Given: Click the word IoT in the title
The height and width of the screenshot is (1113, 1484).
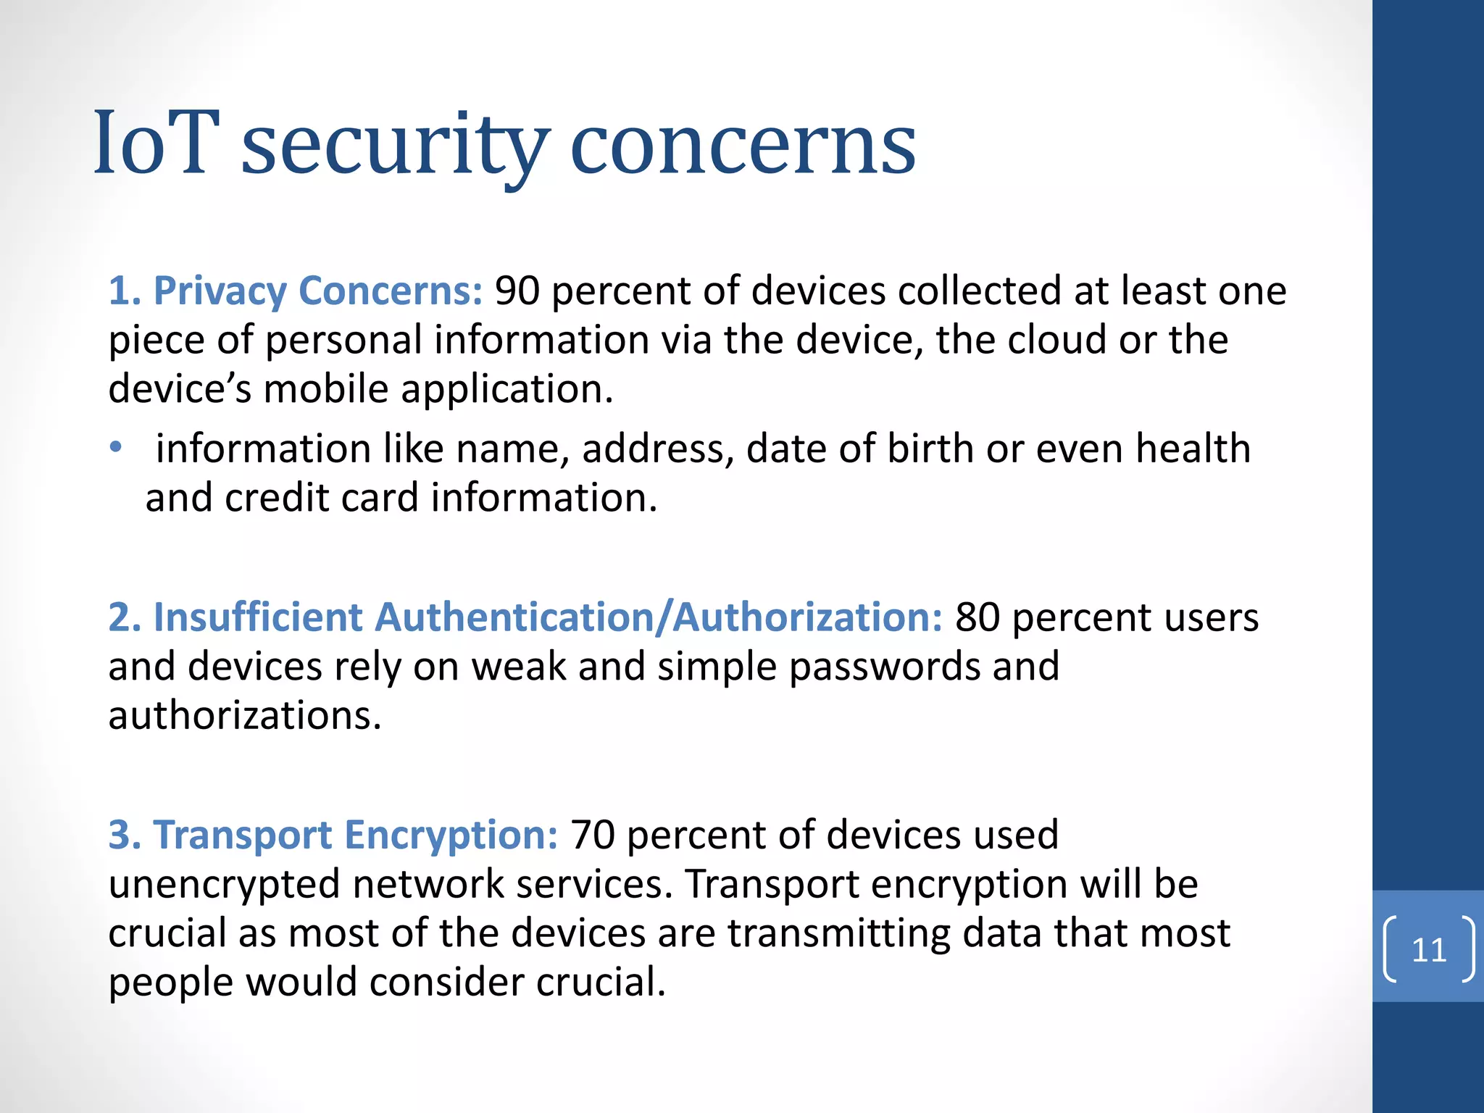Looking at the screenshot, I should coord(155,143).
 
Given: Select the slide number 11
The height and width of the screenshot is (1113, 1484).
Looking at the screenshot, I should coord(1429,950).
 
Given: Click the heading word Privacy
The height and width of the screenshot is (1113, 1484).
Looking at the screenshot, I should coord(220,291).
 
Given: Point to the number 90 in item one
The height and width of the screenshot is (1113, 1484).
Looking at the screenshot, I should coord(517,291).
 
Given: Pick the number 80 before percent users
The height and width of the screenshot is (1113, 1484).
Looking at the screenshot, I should coord(977,617).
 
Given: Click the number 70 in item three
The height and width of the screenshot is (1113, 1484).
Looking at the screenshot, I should coord(593,835).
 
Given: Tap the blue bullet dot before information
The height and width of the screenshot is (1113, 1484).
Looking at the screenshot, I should coord(116,447).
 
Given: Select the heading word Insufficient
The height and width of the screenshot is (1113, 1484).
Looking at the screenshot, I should coord(257,617).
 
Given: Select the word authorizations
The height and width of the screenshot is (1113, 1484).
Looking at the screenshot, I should coord(244,716).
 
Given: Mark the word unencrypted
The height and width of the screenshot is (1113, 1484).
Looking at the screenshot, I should coord(224,885).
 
